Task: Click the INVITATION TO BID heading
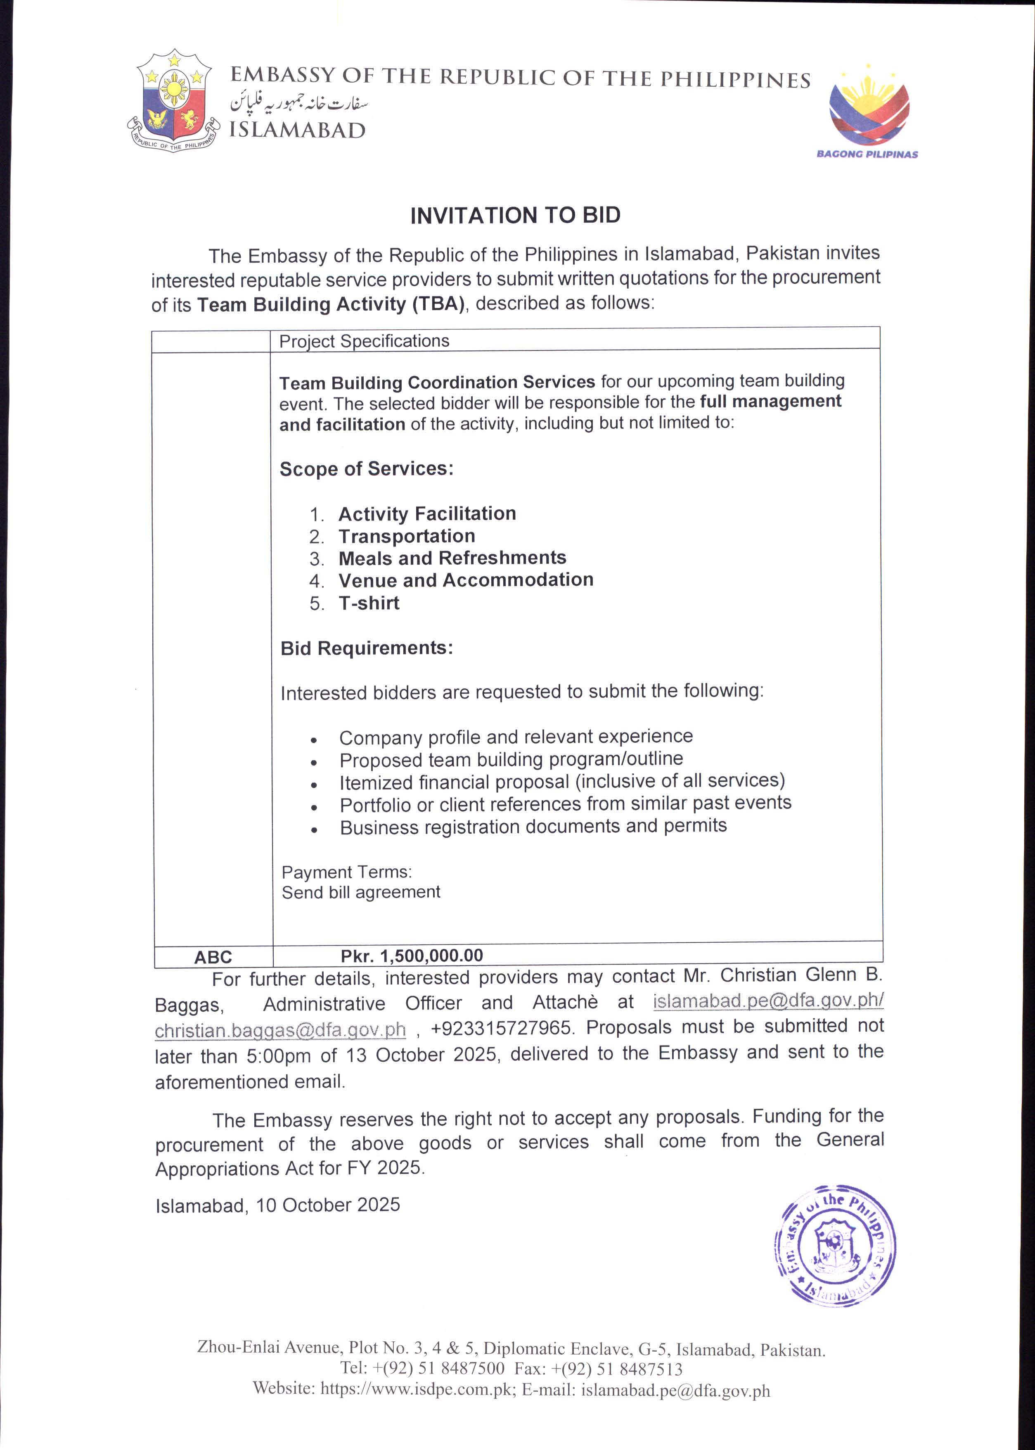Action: pyautogui.click(x=515, y=216)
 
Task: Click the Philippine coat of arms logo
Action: pyautogui.click(x=173, y=100)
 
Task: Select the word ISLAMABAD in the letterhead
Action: pyautogui.click(x=298, y=130)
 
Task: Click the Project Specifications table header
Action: pyautogui.click(x=364, y=341)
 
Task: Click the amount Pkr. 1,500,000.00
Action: pyautogui.click(x=412, y=955)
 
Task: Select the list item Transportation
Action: pyautogui.click(x=407, y=536)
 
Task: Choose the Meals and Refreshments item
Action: pyautogui.click(x=452, y=558)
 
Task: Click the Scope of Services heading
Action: pyautogui.click(x=367, y=468)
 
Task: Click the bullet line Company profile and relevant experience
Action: pyautogui.click(x=516, y=737)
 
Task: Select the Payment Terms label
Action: pyautogui.click(x=347, y=872)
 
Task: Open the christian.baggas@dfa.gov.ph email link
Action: pyautogui.click(x=280, y=1030)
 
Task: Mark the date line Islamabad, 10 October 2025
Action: pyautogui.click(x=278, y=1205)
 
